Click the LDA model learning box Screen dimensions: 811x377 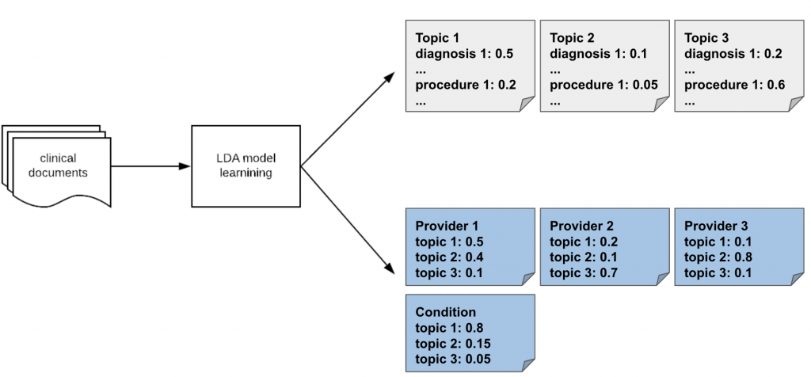point(246,166)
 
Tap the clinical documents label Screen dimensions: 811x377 point(58,166)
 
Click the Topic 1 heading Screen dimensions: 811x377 point(437,38)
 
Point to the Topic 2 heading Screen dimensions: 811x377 point(572,38)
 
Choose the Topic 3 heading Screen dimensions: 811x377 point(706,38)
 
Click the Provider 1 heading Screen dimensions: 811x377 point(447,226)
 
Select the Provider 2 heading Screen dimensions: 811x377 point(581,226)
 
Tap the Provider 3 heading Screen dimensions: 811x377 point(716,226)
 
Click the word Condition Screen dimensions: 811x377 point(445,312)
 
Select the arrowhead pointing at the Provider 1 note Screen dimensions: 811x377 point(390,268)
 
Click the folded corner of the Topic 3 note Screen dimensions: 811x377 point(797,105)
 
